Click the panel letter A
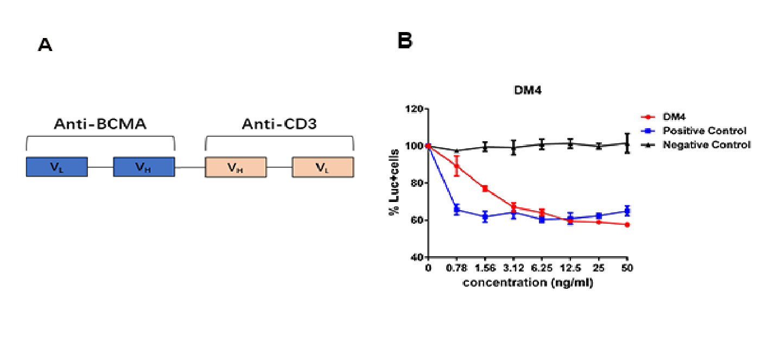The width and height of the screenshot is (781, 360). point(45,45)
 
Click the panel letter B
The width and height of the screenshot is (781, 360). point(405,41)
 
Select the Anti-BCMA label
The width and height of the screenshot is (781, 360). point(100,124)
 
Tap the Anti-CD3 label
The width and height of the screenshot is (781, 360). point(279,124)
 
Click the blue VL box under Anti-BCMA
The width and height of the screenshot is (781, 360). point(57,167)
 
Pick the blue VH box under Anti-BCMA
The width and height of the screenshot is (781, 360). point(144,167)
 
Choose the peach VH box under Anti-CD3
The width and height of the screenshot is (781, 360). point(236,167)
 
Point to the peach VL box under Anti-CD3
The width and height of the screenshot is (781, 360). point(323,167)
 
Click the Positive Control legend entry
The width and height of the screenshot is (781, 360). point(704,130)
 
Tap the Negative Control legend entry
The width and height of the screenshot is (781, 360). point(706,145)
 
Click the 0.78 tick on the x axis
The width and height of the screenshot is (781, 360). point(457,268)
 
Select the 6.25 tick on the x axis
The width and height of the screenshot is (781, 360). point(542,268)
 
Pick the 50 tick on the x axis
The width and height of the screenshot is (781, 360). point(627,268)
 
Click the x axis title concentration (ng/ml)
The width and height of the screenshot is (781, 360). point(528,283)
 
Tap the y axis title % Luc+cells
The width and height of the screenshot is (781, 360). point(394,183)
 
